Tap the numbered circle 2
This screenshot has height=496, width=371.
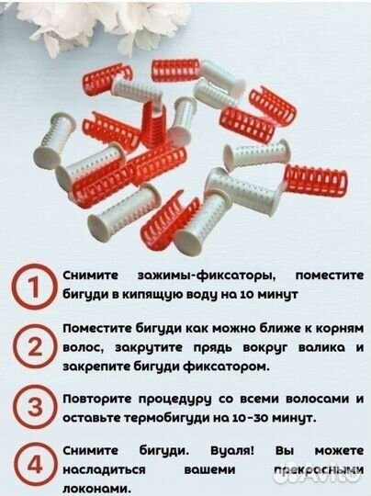click(34, 347)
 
